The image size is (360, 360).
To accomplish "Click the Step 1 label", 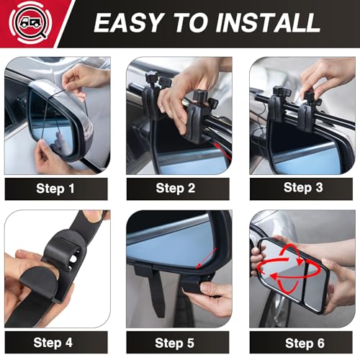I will [56, 189].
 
